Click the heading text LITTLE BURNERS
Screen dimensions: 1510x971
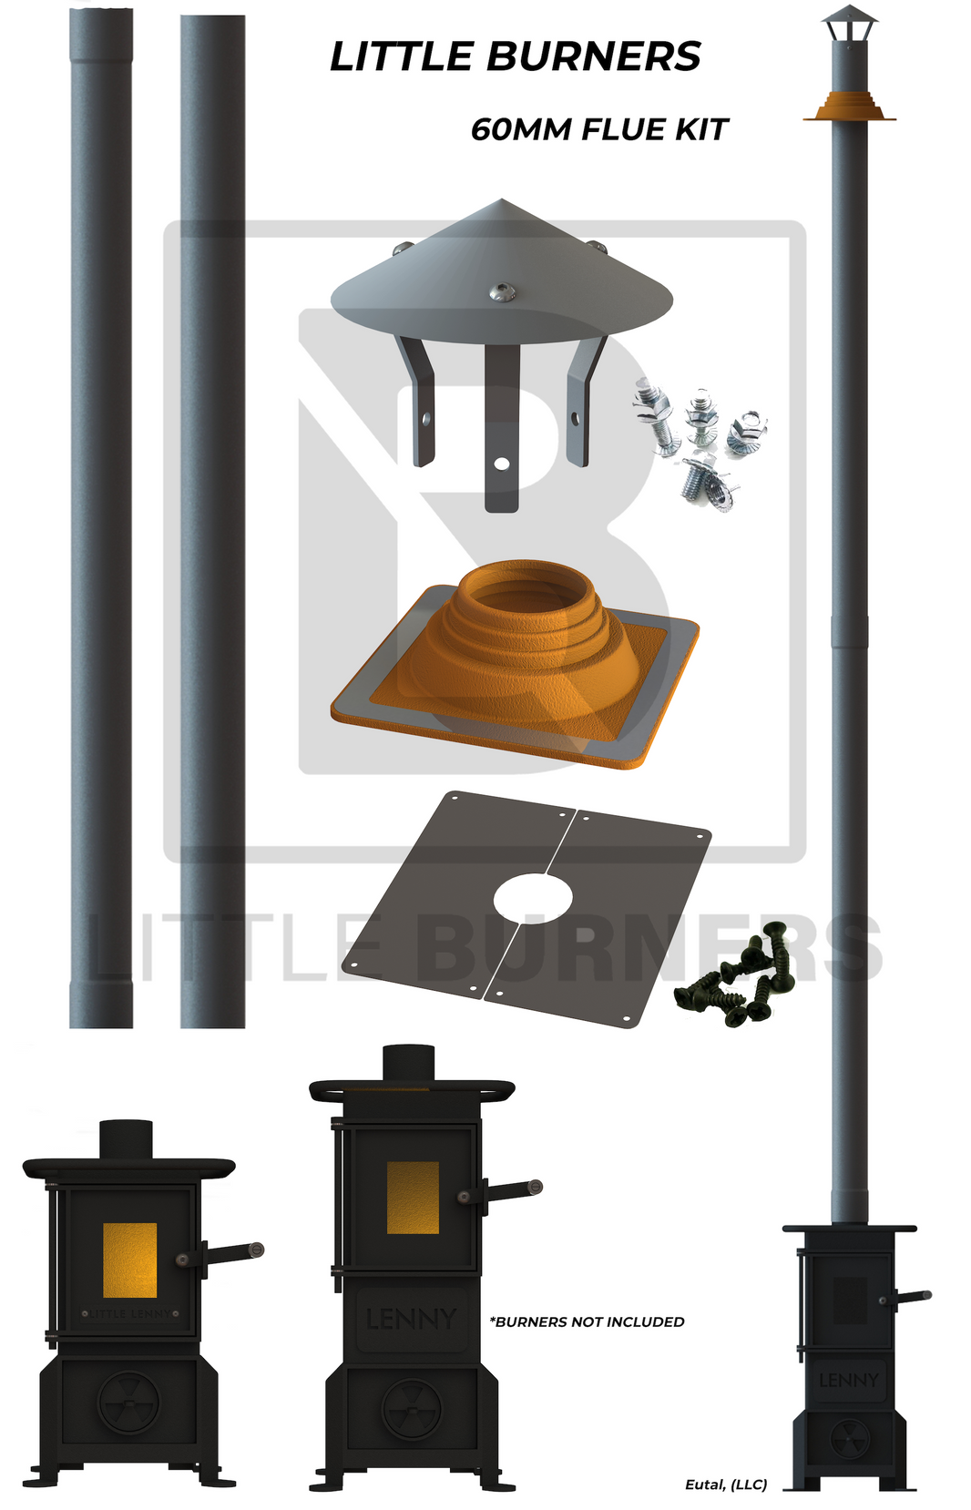click(x=515, y=56)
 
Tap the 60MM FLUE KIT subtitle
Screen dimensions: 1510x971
click(x=598, y=129)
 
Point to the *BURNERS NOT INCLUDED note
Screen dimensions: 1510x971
click(x=587, y=1321)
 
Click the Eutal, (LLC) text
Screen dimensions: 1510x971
click(x=725, y=1484)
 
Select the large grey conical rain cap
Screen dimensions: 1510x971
click(x=501, y=273)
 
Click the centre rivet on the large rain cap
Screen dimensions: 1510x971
click(x=500, y=291)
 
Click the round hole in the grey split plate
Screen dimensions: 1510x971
click(x=533, y=898)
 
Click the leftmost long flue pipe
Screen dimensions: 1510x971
click(x=101, y=519)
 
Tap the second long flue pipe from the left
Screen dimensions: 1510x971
click(x=212, y=519)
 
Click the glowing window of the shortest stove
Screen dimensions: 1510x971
click(x=129, y=1260)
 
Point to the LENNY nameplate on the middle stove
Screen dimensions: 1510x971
click(x=411, y=1319)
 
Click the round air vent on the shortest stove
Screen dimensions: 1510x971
click(x=129, y=1403)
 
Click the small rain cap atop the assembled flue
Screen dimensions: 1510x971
click(x=849, y=22)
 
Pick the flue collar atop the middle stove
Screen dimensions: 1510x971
click(x=408, y=1063)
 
